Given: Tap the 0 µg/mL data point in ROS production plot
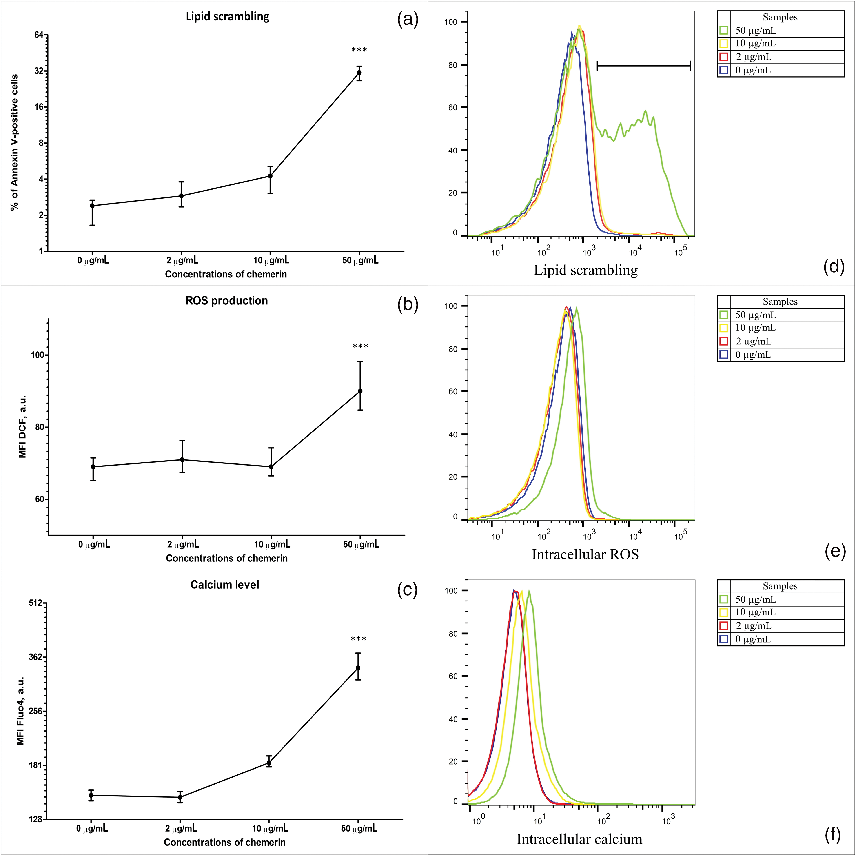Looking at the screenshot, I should point(93,467).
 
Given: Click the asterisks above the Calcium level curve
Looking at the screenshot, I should point(358,639).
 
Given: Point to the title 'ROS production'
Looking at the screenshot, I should point(226,300).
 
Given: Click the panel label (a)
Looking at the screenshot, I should point(408,20).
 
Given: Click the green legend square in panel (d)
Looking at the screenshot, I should point(724,31).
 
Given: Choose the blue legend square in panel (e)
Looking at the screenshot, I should point(724,355).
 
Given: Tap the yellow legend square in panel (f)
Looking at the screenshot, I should point(724,612).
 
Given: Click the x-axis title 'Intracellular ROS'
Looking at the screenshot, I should point(585,554).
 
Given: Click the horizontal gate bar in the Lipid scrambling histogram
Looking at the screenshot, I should point(643,66).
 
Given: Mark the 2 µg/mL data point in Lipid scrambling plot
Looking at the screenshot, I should point(181,196).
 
